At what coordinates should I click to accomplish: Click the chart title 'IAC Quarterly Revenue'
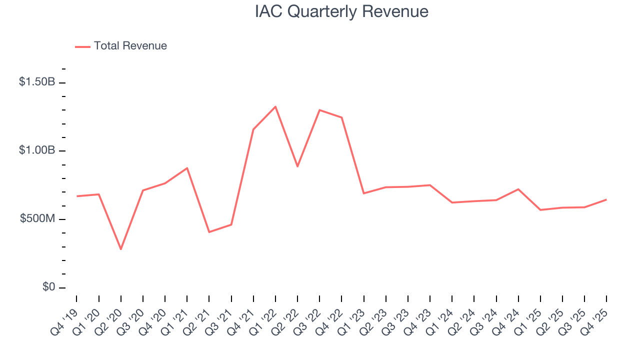341,11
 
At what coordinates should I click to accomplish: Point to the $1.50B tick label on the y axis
37,82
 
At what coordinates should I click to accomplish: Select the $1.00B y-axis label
37,150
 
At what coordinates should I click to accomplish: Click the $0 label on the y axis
48,287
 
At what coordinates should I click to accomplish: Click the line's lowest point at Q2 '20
121,249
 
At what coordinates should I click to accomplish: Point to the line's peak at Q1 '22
275,106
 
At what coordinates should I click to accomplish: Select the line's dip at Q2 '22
297,166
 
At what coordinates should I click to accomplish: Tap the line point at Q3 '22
319,110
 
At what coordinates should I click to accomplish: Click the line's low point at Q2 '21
209,232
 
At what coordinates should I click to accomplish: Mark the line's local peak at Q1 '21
187,168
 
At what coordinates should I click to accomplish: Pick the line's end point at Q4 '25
606,199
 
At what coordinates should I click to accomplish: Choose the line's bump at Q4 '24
518,189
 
